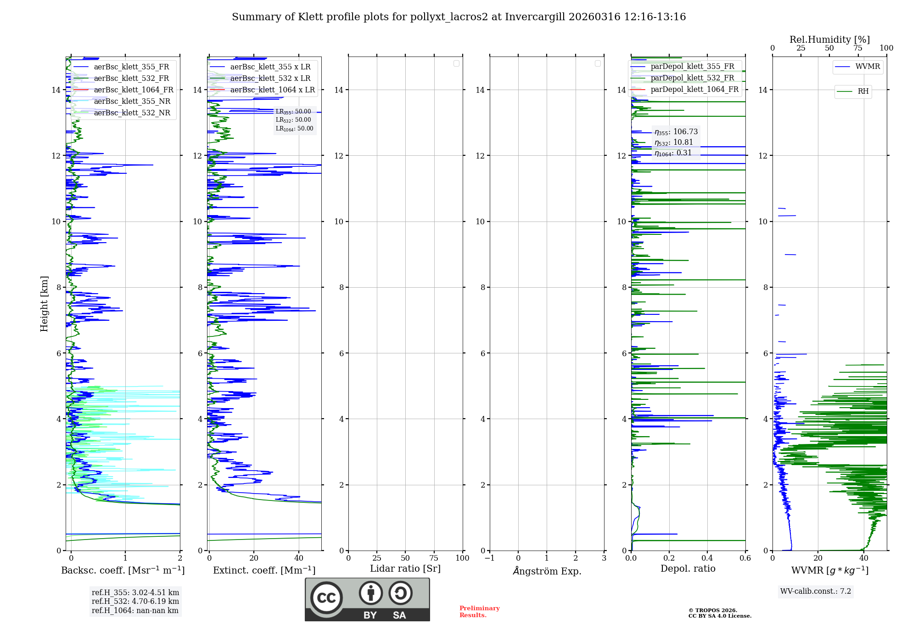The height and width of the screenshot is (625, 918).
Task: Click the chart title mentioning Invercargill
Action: tap(459, 17)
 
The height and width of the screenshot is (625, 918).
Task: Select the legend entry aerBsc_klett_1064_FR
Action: tap(133, 90)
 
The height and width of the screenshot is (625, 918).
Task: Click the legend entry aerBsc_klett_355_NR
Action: tap(132, 101)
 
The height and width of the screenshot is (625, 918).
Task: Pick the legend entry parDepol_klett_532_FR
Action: tap(692, 78)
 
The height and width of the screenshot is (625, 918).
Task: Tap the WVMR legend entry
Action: tap(868, 67)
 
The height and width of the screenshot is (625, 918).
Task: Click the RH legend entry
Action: tap(863, 91)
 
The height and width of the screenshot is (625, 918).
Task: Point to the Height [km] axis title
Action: tap(44, 303)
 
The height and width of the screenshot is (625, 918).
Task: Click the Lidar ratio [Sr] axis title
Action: tap(405, 568)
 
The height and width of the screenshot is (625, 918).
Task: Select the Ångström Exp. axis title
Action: tap(547, 571)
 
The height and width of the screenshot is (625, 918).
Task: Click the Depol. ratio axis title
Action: tap(688, 568)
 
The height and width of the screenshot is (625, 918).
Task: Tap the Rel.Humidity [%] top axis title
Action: tap(829, 40)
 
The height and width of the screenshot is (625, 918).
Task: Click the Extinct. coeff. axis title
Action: tap(264, 570)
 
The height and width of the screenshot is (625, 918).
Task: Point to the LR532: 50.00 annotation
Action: tap(293, 120)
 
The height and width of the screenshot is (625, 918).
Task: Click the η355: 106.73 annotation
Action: tap(676, 132)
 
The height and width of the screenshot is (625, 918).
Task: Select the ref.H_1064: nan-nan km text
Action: tap(135, 610)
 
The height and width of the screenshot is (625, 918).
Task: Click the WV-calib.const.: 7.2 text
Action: tap(815, 591)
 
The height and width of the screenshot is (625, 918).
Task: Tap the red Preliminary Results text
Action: tap(479, 611)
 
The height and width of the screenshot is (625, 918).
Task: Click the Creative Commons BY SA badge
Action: tap(367, 599)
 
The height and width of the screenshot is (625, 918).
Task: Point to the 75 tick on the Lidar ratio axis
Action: tap(434, 558)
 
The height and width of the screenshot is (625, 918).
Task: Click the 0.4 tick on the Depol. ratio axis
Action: tap(707, 558)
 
